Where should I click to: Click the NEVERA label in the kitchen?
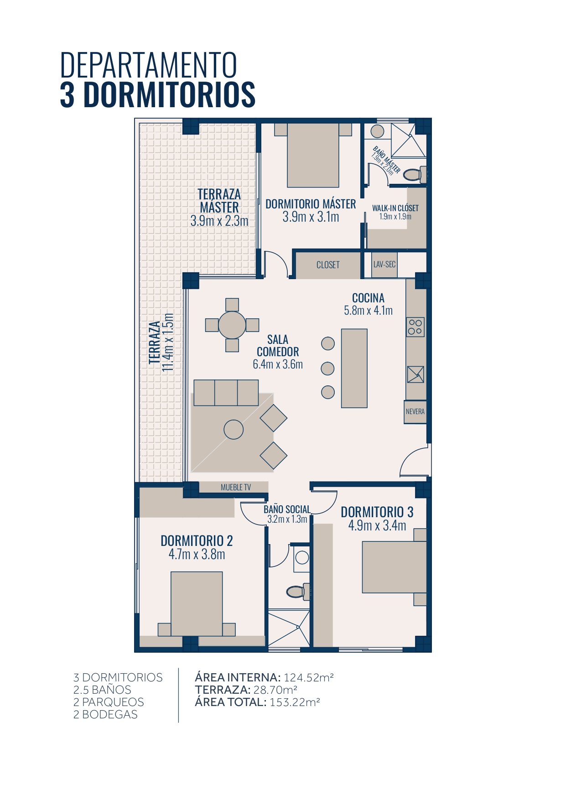415,411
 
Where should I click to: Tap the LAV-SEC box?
384,265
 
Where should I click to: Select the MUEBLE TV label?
236,488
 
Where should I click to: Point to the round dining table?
232,325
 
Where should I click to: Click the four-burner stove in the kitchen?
415,327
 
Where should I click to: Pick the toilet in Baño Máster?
415,174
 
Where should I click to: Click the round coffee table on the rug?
234,429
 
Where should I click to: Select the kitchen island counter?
354,368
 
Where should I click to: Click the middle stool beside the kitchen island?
328,368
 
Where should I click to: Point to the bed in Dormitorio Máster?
313,155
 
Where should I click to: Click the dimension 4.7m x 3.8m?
197,554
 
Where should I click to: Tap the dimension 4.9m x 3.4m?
377,525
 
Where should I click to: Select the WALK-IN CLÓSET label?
395,208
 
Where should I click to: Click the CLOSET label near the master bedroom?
328,265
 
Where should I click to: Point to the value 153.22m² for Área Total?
295,702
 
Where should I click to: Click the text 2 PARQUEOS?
109,702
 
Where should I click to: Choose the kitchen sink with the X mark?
415,374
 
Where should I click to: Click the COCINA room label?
369,298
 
